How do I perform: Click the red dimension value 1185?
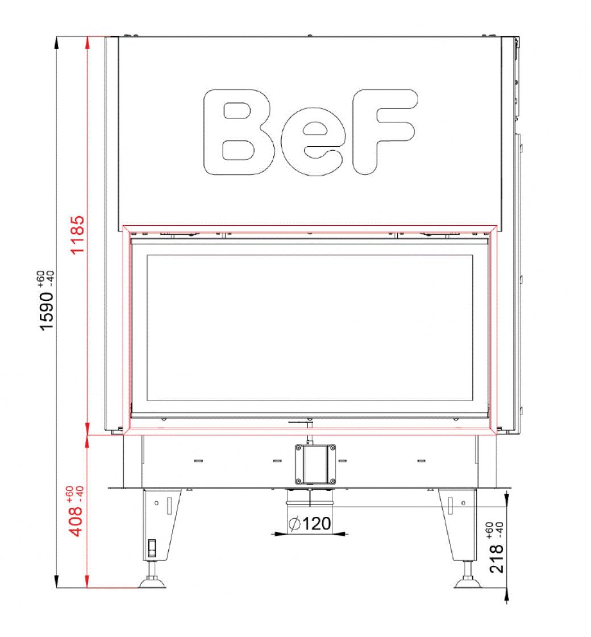[x=77, y=235]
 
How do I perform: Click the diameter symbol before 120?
[x=294, y=524]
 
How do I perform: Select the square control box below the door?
[x=315, y=464]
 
